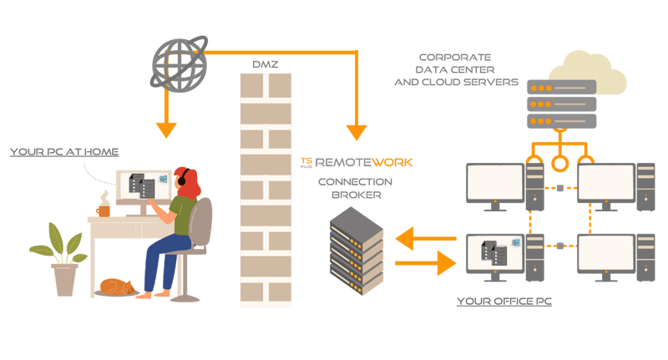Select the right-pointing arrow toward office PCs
(425, 263)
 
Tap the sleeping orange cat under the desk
(117, 287)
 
